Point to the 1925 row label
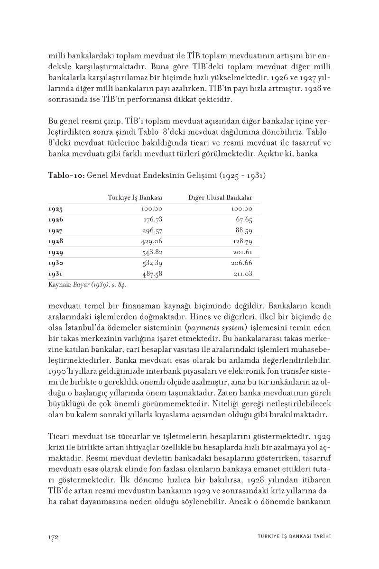click(x=55, y=209)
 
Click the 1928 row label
click(x=55, y=241)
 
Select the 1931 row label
click(x=55, y=274)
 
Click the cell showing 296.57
click(x=152, y=230)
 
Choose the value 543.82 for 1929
click(x=152, y=252)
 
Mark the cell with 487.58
click(x=152, y=274)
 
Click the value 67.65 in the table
click(x=244, y=220)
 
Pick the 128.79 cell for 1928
click(x=242, y=241)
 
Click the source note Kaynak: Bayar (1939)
click(x=88, y=285)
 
